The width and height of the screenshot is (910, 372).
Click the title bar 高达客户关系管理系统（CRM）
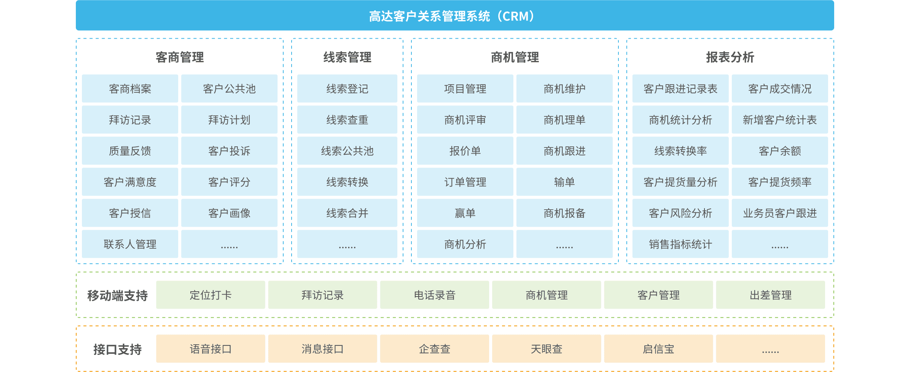pyautogui.click(x=455, y=16)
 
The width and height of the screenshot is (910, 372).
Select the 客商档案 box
pyautogui.click(x=130, y=89)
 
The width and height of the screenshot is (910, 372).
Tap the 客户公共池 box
pyautogui.click(x=229, y=89)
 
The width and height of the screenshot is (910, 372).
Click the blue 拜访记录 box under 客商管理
pyautogui.click(x=130, y=120)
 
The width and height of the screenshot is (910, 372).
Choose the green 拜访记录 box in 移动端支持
pyautogui.click(x=322, y=295)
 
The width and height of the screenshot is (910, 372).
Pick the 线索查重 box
pyautogui.click(x=347, y=120)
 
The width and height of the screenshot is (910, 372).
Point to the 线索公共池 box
pyautogui.click(x=347, y=151)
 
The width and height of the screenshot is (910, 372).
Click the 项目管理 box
pyautogui.click(x=465, y=89)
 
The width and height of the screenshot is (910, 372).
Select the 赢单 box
pyautogui.click(x=465, y=213)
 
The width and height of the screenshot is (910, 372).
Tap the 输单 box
pyautogui.click(x=564, y=182)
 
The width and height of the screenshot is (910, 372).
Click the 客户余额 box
pyautogui.click(x=780, y=151)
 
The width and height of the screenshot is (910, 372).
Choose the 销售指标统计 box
pyautogui.click(x=680, y=244)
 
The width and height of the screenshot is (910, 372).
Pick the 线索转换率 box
pyautogui.click(x=680, y=151)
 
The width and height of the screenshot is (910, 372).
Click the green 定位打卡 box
pyautogui.click(x=210, y=295)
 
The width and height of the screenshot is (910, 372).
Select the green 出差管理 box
pyautogui.click(x=770, y=295)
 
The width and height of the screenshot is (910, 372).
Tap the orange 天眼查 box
pyautogui.click(x=546, y=349)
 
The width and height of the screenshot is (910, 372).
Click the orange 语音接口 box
pyautogui.click(x=210, y=349)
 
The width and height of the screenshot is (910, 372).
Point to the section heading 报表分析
pyautogui.click(x=730, y=57)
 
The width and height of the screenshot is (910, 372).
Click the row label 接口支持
pyautogui.click(x=118, y=349)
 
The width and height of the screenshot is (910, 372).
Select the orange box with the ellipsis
pyautogui.click(x=770, y=349)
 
